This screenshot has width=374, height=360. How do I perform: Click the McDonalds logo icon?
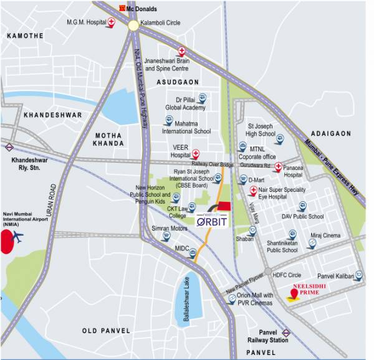pyautogui.click(x=122, y=9)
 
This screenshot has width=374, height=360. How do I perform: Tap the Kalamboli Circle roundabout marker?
pyautogui.click(x=133, y=25)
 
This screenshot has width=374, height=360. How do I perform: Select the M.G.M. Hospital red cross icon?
pyautogui.click(x=112, y=22)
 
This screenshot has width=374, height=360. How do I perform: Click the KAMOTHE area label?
pyautogui.click(x=26, y=37)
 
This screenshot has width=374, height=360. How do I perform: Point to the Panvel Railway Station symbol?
pyautogui.click(x=286, y=333)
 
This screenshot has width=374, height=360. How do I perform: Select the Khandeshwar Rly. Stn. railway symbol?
pyautogui.click(x=9, y=148)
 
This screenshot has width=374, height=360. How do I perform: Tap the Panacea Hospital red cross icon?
pyautogui.click(x=278, y=166)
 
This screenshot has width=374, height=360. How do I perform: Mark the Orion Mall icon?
pyautogui.click(x=231, y=300)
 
